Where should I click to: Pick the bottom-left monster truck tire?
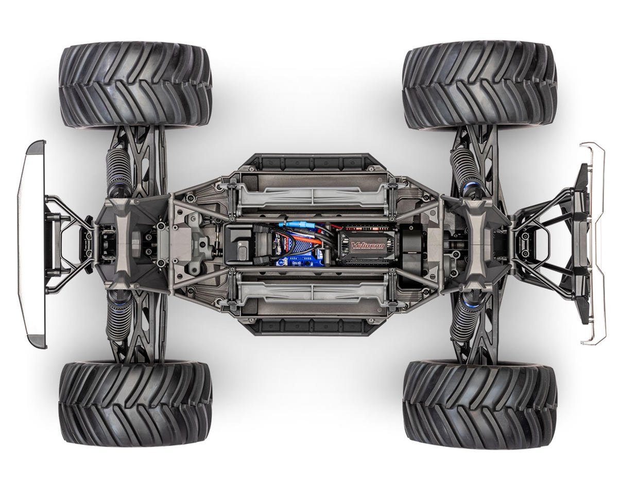click(135, 404)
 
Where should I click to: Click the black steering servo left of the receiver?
click(242, 245)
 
